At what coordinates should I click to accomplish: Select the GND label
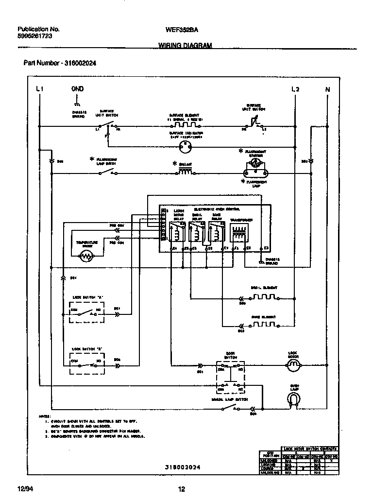pos(77,89)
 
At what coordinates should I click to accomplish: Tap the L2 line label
pos(295,89)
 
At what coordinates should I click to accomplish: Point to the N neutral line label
pos(327,89)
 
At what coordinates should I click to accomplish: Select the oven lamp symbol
pos(292,399)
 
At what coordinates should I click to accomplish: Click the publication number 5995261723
pos(35,36)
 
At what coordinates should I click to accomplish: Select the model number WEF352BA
pos(182,29)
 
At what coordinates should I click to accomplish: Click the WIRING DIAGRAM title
pos(185,45)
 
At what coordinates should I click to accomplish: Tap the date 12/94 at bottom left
pos(25,489)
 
